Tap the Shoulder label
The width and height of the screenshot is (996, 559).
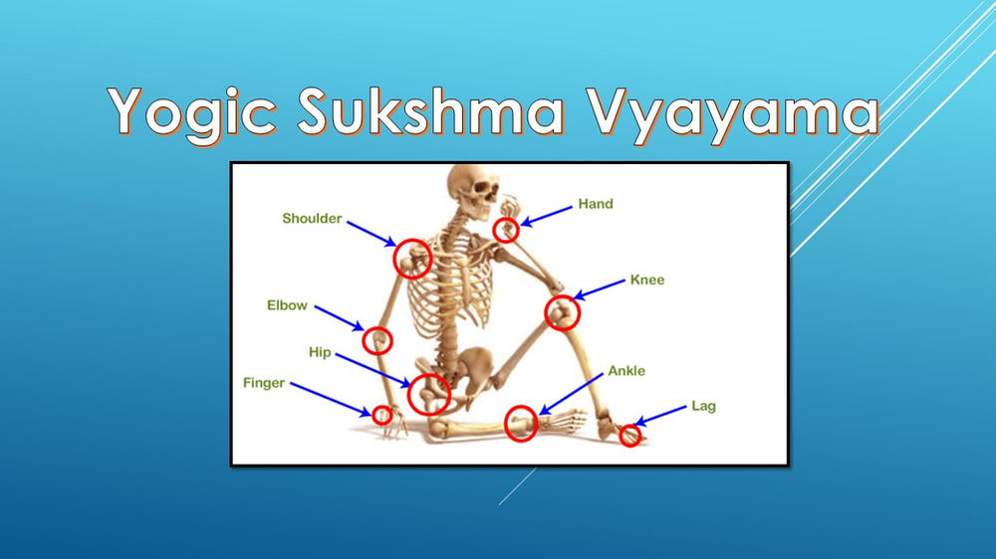[x=312, y=219]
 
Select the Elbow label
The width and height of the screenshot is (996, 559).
[x=287, y=305]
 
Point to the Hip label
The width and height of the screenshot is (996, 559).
[x=320, y=353]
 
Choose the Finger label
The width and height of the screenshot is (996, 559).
[x=264, y=382]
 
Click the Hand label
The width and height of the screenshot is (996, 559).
[x=596, y=204]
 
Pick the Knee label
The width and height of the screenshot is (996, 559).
[x=646, y=280]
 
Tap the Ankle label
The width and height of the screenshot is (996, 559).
[x=626, y=371]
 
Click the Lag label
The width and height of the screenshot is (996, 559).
[x=703, y=406]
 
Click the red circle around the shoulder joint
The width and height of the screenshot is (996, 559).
[x=411, y=259]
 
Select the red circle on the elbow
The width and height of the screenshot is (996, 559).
[x=377, y=340]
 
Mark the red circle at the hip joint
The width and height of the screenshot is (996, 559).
[x=429, y=394]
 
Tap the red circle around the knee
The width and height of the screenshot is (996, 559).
[x=562, y=313]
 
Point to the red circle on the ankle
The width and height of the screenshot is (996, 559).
[x=521, y=424]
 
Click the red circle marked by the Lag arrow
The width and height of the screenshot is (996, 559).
[x=629, y=435]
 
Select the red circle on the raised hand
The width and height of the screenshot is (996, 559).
[x=506, y=231]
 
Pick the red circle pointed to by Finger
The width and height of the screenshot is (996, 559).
[x=381, y=415]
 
